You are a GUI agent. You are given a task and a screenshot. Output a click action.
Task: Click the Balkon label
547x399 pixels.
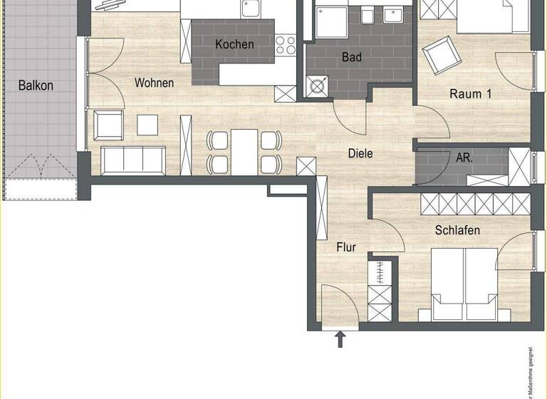tap(36, 85)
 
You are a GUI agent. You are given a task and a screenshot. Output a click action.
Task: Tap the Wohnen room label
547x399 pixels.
tap(154, 83)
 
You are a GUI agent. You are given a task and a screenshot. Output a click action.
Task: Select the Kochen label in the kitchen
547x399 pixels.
tap(234, 44)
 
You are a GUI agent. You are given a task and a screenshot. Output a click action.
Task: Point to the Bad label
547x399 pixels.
tap(351, 57)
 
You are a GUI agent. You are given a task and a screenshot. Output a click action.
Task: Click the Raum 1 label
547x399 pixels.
tap(470, 93)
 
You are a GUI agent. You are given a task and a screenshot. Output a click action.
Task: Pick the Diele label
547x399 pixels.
tap(360, 152)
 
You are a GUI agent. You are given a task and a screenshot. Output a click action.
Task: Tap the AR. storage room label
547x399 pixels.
tap(464, 157)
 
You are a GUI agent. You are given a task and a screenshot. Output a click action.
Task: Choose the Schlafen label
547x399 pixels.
tap(457, 230)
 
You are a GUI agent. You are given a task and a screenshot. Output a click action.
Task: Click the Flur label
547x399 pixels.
tap(346, 247)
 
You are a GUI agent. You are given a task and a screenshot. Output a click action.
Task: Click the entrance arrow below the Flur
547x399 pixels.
tap(340, 338)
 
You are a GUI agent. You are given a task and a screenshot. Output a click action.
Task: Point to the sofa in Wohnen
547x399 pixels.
tap(134, 160)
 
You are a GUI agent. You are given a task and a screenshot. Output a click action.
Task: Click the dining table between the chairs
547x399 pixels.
tap(244, 150)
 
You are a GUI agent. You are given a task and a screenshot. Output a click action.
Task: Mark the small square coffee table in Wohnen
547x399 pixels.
tap(148, 125)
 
